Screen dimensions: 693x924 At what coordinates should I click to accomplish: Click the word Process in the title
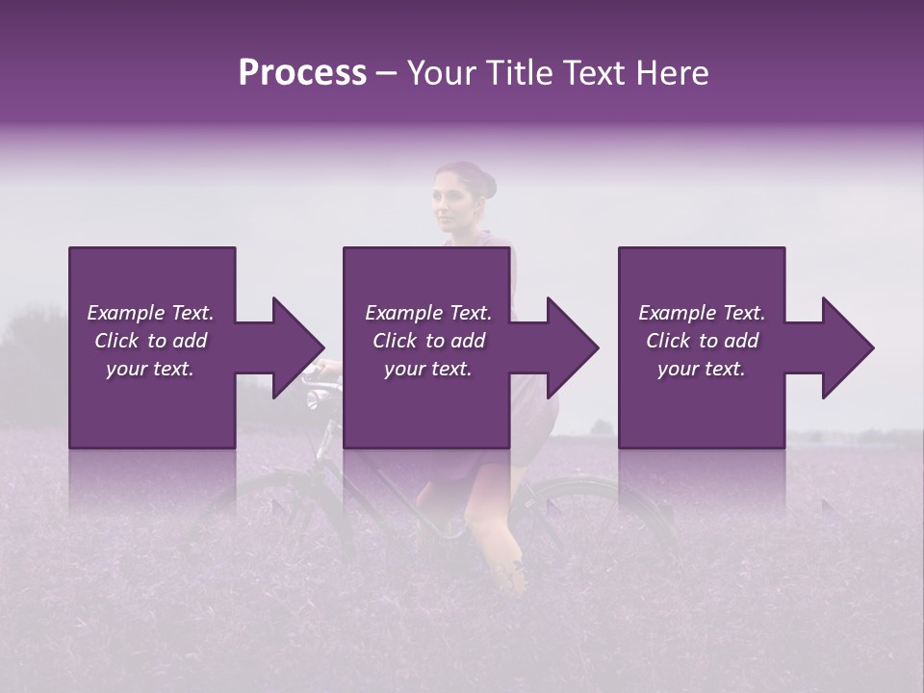click(302, 73)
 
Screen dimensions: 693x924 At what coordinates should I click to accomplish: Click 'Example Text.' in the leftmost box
click(150, 313)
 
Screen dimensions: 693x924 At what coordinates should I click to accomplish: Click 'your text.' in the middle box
click(427, 369)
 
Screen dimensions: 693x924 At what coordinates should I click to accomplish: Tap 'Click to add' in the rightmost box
click(702, 341)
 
